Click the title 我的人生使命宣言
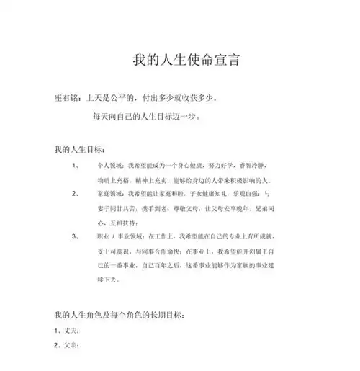181,61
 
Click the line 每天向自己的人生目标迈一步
148,115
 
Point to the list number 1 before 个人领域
76,165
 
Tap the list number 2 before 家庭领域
76,195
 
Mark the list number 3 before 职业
76,236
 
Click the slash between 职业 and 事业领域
114,236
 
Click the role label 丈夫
70,331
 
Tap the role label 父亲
70,346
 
